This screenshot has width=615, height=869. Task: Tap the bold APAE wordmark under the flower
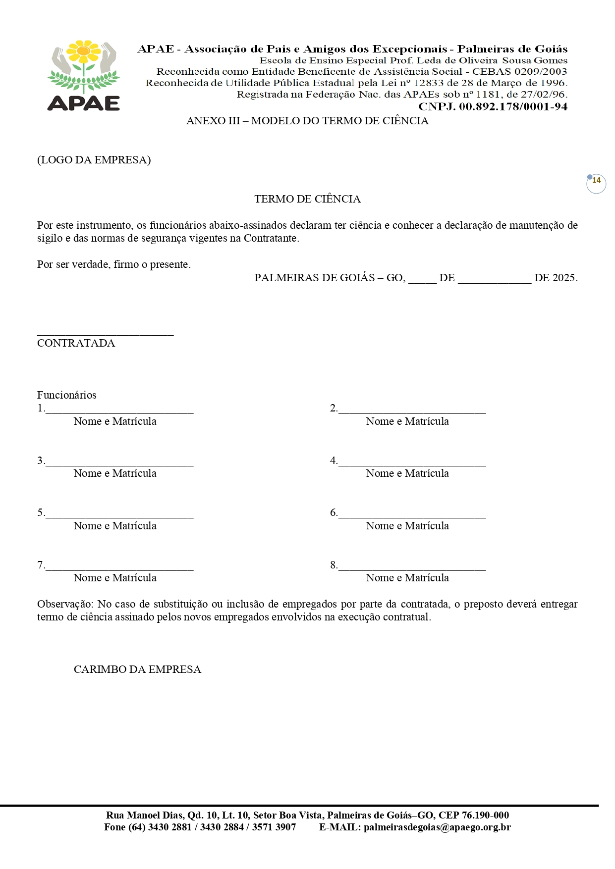point(84,102)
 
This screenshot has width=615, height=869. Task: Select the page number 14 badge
point(596,182)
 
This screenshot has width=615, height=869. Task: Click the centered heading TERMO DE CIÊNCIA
point(307,199)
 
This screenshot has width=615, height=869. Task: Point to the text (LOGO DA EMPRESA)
point(94,160)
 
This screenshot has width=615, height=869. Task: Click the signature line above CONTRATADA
point(105,335)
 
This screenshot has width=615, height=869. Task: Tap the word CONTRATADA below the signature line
point(76,343)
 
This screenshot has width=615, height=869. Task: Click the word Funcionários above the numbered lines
point(67,395)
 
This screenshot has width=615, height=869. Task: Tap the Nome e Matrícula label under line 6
point(407,526)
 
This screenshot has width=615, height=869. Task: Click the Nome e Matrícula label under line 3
point(115,473)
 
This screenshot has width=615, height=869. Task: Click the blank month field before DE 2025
point(494,280)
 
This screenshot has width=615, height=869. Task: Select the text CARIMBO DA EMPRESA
point(137,669)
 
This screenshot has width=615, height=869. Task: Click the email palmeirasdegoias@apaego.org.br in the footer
point(437,827)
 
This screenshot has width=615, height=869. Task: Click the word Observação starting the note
point(64,604)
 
